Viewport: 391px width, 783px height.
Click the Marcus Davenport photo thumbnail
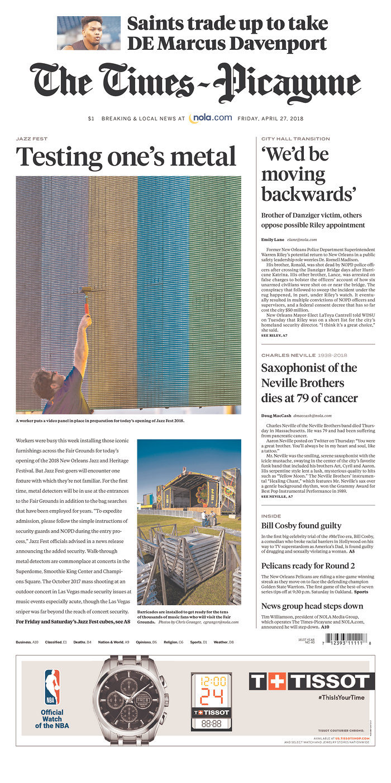(x=88, y=33)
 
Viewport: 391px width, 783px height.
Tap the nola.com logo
(x=211, y=118)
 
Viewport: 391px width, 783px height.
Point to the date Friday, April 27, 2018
(x=270, y=119)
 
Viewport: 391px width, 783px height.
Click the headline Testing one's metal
(x=126, y=157)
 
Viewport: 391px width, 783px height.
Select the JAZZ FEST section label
(x=32, y=139)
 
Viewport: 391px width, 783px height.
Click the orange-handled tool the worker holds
(x=87, y=299)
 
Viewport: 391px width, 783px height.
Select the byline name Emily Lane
(x=273, y=239)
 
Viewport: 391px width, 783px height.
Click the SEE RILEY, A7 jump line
(x=274, y=335)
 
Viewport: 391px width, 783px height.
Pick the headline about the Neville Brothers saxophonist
(x=309, y=383)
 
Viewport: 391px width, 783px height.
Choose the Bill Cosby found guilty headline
(x=301, y=526)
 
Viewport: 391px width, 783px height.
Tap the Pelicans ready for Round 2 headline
(x=308, y=566)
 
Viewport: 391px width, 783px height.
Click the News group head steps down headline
(x=312, y=606)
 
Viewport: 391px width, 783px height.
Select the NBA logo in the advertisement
(x=52, y=686)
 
